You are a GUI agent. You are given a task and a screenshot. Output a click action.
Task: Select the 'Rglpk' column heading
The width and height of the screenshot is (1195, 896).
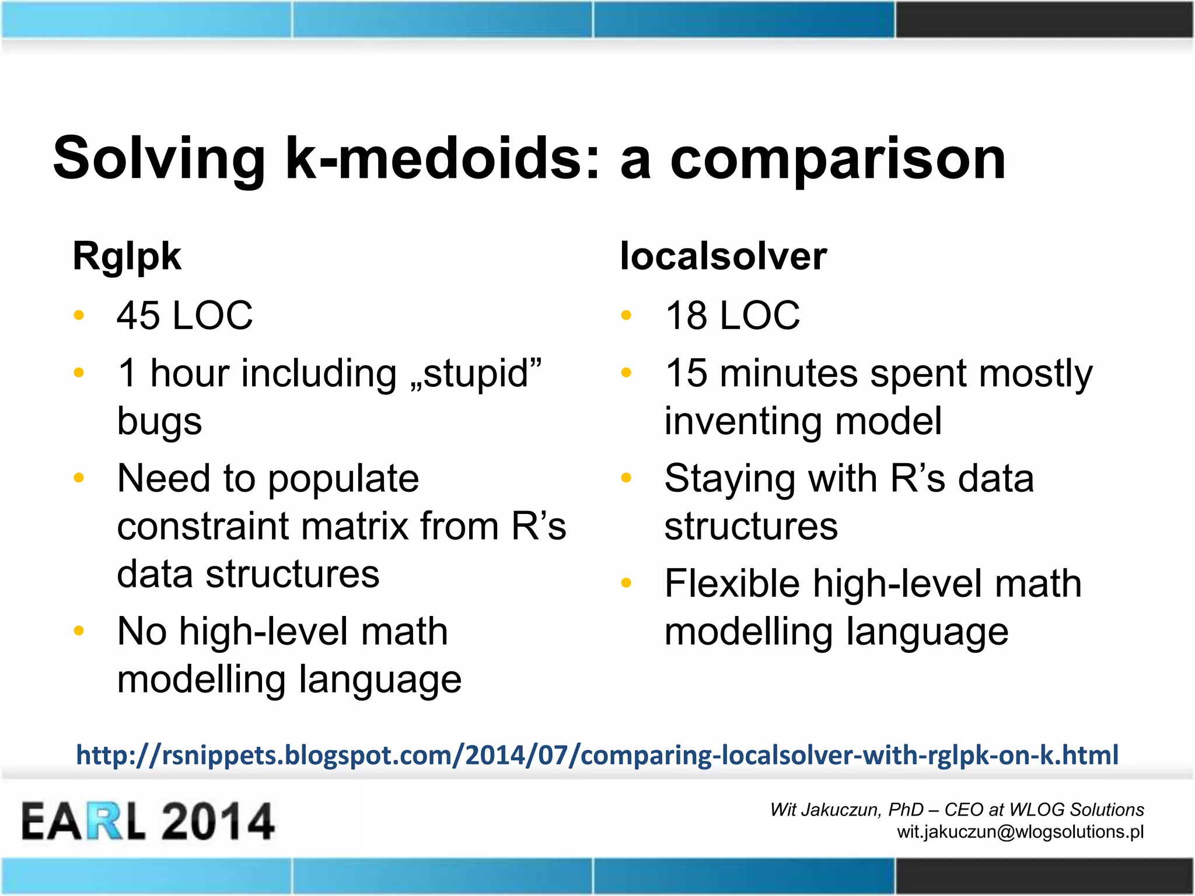coord(127,257)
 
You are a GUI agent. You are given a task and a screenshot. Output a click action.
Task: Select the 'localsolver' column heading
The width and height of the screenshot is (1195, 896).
coord(723,256)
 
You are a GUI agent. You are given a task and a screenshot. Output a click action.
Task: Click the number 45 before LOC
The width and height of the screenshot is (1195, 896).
coord(138,316)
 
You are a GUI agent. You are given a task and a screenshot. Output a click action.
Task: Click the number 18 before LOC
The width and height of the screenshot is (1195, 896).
coord(686,316)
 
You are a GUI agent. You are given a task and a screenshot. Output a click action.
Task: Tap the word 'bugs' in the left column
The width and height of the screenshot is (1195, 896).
coord(159,422)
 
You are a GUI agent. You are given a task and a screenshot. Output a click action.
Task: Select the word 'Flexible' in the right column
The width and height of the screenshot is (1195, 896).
coord(732,584)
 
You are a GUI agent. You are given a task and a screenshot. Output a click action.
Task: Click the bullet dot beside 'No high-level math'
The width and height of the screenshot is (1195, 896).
coord(79,631)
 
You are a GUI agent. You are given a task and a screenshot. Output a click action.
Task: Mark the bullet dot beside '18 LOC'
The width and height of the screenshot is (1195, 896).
coord(627,316)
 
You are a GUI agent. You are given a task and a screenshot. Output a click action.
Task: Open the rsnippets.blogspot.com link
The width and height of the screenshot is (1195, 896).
coord(597,755)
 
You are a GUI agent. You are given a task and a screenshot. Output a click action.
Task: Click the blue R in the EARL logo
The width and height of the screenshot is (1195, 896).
coord(106,821)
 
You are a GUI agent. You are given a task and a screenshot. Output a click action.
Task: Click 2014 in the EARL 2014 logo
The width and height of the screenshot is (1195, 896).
coord(217,821)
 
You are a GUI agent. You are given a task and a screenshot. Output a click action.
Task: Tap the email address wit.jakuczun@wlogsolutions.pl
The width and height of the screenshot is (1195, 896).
coord(1020,832)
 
